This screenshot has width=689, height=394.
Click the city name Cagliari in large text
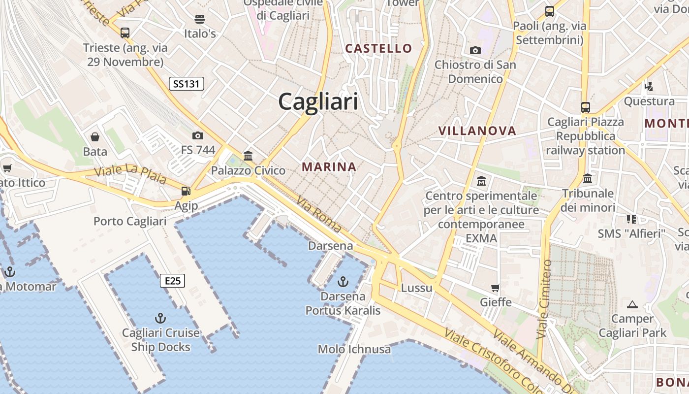coord(318,102)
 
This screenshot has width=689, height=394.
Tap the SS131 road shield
coord(187,84)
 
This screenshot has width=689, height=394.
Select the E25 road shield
coord(173,281)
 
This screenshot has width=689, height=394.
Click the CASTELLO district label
coord(378,48)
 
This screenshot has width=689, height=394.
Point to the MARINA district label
coord(329,167)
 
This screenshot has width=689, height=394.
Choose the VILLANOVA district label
coord(477,131)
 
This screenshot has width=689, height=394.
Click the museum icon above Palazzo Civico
coord(248,156)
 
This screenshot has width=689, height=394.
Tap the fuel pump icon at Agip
coord(186,191)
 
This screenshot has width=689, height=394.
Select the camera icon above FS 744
coord(198,135)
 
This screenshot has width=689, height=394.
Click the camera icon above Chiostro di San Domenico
coord(475,50)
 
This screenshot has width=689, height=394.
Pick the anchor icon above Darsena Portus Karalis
coord(343,282)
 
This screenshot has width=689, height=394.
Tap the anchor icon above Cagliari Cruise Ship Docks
coord(160,318)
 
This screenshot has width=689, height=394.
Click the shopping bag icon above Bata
coord(95,137)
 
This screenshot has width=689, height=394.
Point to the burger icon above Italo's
coord(200,19)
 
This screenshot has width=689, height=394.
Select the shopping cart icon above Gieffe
coord(496,288)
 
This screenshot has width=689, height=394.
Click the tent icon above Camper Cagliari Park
coord(632,304)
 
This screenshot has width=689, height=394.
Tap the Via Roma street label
coord(319,214)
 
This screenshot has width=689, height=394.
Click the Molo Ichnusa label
coord(354,350)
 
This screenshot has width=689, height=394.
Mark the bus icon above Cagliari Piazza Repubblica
coord(586,107)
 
